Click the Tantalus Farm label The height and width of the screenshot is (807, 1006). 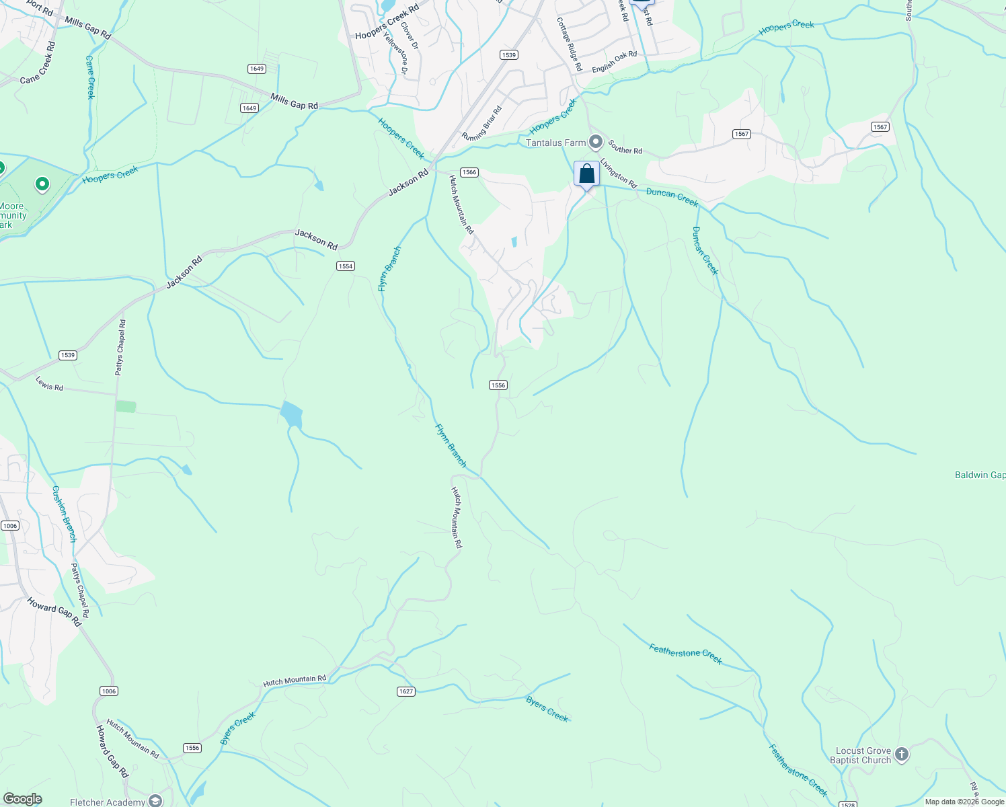pyautogui.click(x=555, y=143)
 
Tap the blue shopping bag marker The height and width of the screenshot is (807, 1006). pyautogui.click(x=586, y=174)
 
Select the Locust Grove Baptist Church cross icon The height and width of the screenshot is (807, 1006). pyautogui.click(x=902, y=755)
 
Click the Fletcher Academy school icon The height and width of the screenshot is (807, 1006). pyautogui.click(x=155, y=801)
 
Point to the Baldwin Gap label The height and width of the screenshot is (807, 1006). pyautogui.click(x=980, y=475)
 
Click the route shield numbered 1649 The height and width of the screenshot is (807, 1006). pyautogui.click(x=256, y=69)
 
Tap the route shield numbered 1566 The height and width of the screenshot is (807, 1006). pyautogui.click(x=469, y=172)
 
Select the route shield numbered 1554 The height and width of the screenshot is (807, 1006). pyautogui.click(x=345, y=266)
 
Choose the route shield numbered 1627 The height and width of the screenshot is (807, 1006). pyautogui.click(x=405, y=691)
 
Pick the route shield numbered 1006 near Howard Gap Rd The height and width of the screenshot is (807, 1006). pyautogui.click(x=108, y=691)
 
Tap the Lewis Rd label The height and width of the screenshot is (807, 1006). pyautogui.click(x=49, y=384)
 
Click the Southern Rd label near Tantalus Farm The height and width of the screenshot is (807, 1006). pyautogui.click(x=625, y=147)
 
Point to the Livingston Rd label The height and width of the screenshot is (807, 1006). pyautogui.click(x=619, y=173)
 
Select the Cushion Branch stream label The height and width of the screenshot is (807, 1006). pyautogui.click(x=65, y=514)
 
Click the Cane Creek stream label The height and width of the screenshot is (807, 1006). pyautogui.click(x=91, y=77)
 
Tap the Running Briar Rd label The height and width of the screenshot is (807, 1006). pyautogui.click(x=481, y=124)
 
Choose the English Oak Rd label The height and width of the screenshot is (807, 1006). pyautogui.click(x=614, y=62)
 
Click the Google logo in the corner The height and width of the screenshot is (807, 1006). pyautogui.click(x=22, y=799)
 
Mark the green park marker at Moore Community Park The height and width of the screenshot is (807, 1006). pyautogui.click(x=42, y=184)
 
